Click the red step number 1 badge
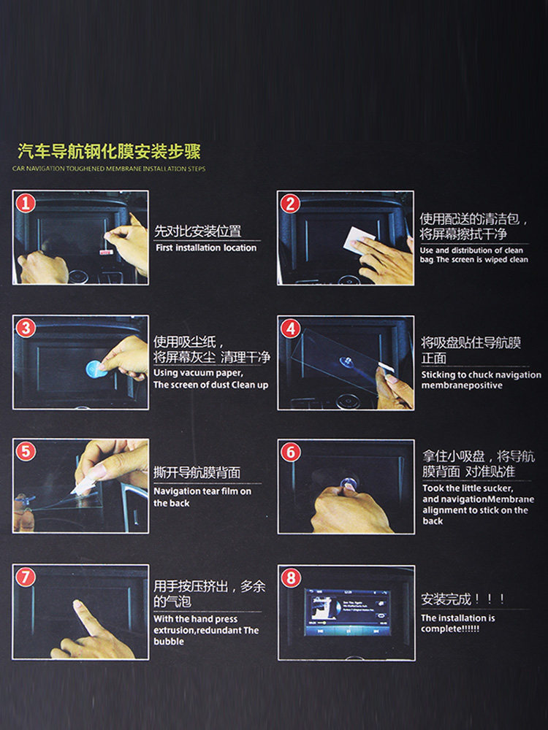click(25, 204)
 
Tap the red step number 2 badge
click(290, 204)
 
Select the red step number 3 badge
click(25, 328)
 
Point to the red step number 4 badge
click(290, 328)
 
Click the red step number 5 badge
click(25, 452)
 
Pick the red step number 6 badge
click(290, 453)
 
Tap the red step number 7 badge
click(25, 577)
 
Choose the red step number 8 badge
click(290, 578)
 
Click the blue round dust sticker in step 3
click(96, 368)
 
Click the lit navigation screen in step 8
click(347, 612)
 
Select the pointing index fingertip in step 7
click(77, 604)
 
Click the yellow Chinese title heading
click(109, 152)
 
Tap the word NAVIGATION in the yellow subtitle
click(46, 169)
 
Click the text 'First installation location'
click(206, 248)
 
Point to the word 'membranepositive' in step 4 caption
click(462, 385)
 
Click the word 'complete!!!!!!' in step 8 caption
click(450, 629)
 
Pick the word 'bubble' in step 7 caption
click(169, 642)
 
